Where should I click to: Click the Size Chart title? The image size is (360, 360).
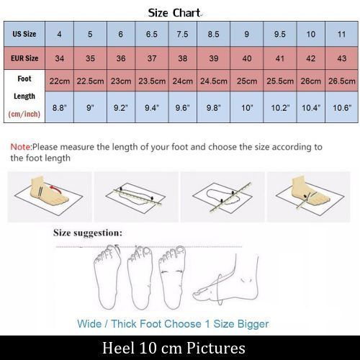coord(174,13)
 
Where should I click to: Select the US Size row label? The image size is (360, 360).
coord(24,34)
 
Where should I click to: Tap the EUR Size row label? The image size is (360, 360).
coord(24,58)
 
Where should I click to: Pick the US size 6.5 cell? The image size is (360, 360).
coord(152,34)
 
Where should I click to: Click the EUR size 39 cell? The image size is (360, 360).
coord(214,58)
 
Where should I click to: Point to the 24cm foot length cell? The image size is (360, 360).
coord(183,81)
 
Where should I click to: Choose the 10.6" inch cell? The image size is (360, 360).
coord(342,107)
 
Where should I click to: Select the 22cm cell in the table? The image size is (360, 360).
coord(60,81)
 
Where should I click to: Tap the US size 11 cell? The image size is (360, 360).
coord(342,34)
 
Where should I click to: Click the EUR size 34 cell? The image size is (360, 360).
coord(60,58)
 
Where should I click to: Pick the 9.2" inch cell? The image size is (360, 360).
coord(121,107)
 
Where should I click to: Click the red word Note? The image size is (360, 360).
coord(21,147)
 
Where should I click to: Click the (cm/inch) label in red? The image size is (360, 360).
coord(24,114)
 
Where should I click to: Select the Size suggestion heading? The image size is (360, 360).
coord(88,233)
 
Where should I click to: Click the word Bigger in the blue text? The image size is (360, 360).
coord(253,324)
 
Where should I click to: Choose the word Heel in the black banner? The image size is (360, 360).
coord(118,348)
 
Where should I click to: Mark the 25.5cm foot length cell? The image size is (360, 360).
coord(280,81)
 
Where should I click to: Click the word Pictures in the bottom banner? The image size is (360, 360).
coord(215,348)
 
